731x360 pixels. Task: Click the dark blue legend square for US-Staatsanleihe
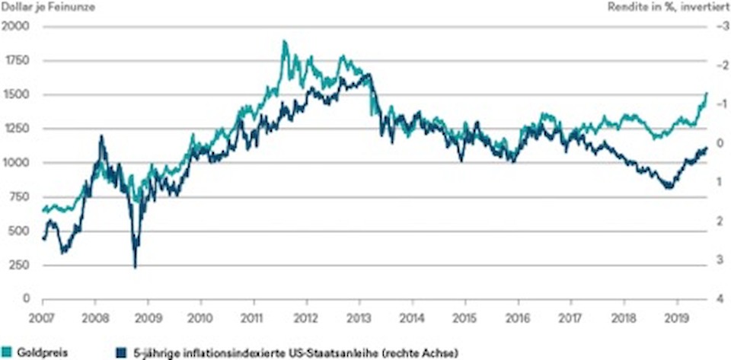[120, 352]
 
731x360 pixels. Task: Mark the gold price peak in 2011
[284, 41]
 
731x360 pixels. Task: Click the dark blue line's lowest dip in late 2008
[136, 266]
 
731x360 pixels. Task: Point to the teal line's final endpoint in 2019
[707, 93]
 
